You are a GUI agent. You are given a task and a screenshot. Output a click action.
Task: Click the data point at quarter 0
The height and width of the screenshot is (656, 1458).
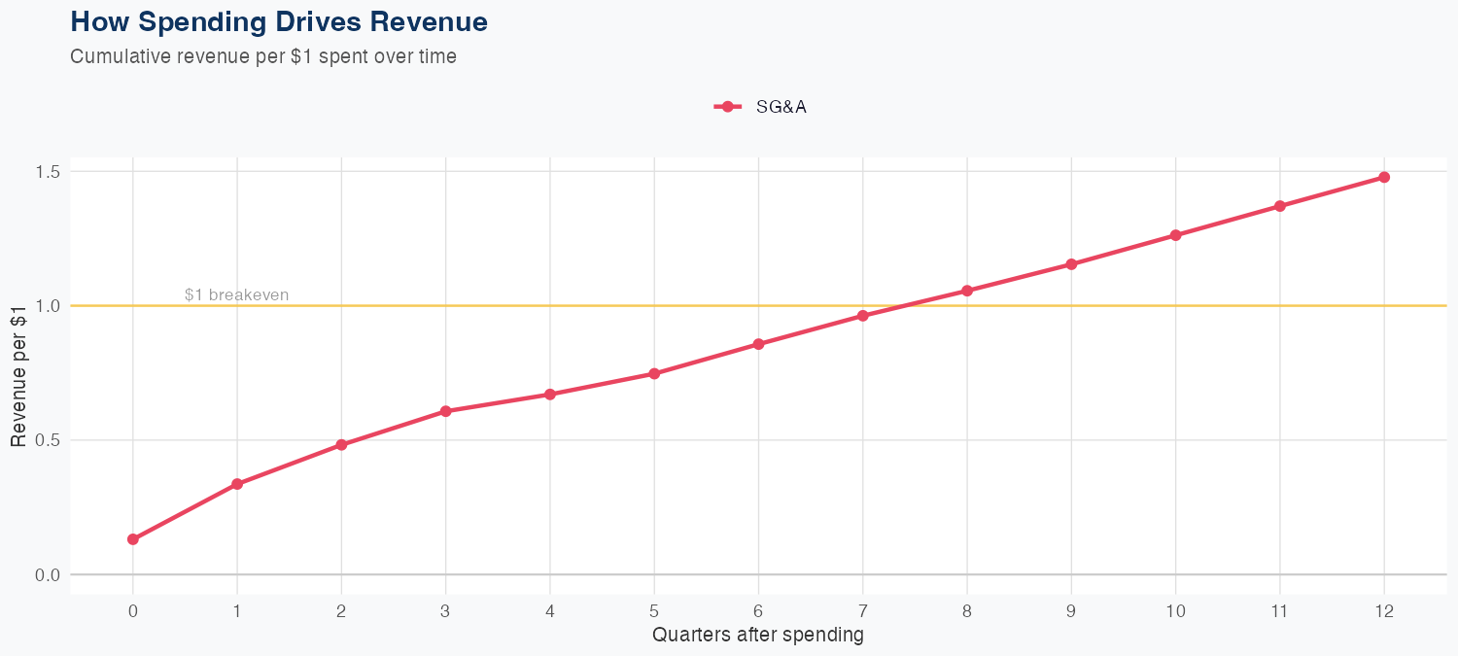133,539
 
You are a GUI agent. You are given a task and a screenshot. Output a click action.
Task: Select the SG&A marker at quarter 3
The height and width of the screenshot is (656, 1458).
446,411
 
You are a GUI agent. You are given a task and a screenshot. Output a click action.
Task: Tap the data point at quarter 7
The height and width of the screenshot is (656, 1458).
863,316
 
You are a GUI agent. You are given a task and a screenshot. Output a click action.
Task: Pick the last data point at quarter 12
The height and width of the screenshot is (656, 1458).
1384,177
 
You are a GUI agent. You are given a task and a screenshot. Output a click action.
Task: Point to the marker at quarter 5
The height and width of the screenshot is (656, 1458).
654,373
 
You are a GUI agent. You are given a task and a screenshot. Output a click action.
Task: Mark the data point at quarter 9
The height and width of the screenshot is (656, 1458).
1071,264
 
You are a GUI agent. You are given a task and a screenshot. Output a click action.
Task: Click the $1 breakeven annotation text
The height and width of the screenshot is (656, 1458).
236,294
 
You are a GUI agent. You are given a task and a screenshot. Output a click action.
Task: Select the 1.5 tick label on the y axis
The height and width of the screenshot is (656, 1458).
48,172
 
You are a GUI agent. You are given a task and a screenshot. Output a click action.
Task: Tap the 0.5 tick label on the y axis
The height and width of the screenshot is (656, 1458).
48,440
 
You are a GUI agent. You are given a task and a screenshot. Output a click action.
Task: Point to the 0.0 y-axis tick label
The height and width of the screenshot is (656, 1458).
48,574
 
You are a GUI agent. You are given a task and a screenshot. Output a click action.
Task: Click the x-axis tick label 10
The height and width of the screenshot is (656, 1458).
1175,611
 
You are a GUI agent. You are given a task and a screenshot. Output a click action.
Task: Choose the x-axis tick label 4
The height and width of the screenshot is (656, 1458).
550,611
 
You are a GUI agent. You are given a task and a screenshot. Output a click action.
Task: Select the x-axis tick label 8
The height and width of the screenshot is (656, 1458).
967,611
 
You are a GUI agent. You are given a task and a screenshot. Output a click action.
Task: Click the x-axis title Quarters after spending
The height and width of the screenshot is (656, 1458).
757,636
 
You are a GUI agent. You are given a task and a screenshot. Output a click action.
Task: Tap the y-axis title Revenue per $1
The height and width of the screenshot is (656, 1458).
17,373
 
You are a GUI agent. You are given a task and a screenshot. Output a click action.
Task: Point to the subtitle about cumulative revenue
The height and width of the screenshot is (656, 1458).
263,56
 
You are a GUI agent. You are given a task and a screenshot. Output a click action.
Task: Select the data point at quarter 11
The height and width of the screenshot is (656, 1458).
1280,206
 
